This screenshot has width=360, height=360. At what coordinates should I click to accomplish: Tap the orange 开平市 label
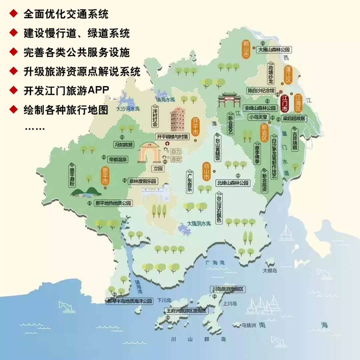(x=195, y=127)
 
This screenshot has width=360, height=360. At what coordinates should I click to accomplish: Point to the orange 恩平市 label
(x=105, y=176)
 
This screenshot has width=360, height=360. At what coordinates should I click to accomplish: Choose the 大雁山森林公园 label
(x=274, y=50)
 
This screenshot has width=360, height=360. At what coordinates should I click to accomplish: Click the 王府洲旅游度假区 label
(x=186, y=311)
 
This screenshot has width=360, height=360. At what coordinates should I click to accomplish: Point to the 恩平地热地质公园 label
(x=113, y=203)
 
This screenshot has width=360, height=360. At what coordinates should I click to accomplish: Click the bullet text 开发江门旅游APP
(x=66, y=91)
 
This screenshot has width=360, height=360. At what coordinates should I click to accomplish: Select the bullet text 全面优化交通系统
(x=66, y=14)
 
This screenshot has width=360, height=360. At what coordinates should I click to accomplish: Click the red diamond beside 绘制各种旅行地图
(x=13, y=109)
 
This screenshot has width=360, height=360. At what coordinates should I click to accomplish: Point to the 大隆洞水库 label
(x=199, y=224)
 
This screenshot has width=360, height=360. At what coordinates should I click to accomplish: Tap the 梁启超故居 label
(x=294, y=118)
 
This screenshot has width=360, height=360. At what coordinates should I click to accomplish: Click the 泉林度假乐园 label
(x=143, y=182)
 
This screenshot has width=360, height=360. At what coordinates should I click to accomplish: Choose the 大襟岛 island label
(x=270, y=271)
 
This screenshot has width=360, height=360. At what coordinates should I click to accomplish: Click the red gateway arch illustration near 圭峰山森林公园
(x=230, y=99)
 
